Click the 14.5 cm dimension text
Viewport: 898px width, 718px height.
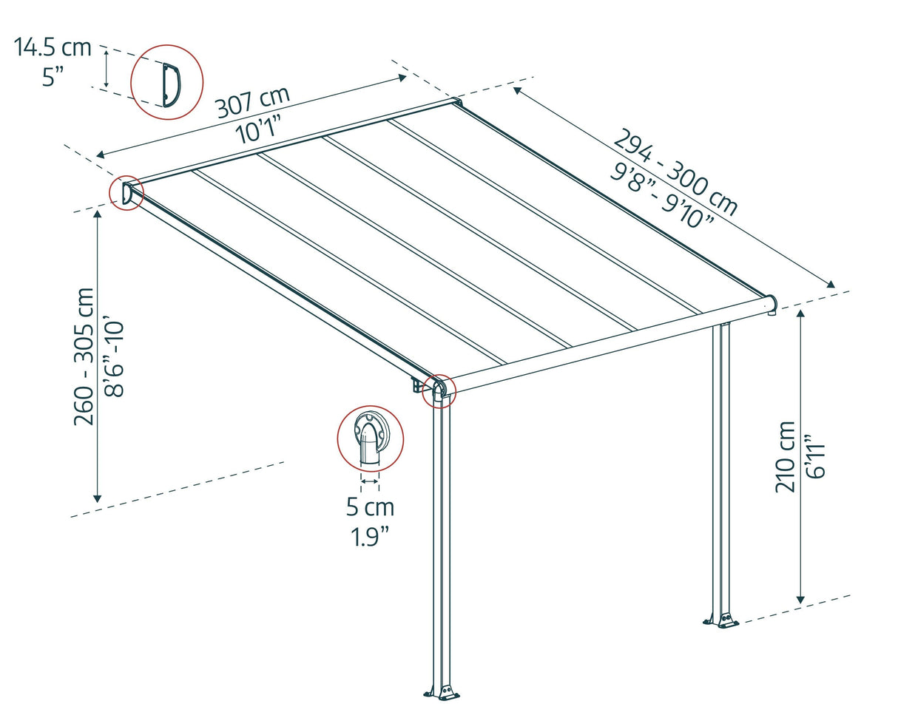(53, 47)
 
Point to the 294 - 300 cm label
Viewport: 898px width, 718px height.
(675, 172)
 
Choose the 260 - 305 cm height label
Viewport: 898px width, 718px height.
(84, 356)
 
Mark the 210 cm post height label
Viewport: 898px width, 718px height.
(786, 456)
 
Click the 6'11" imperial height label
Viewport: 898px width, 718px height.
(816, 456)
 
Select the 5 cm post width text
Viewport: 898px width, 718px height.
(370, 507)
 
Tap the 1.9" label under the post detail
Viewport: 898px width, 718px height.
(370, 537)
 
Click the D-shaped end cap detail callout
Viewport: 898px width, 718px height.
(166, 81)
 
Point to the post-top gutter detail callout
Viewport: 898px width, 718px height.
(370, 438)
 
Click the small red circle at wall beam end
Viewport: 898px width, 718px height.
(126, 193)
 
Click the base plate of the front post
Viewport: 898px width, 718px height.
(442, 692)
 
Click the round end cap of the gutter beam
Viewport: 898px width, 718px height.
(772, 303)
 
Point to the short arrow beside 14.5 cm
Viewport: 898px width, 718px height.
(107, 70)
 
